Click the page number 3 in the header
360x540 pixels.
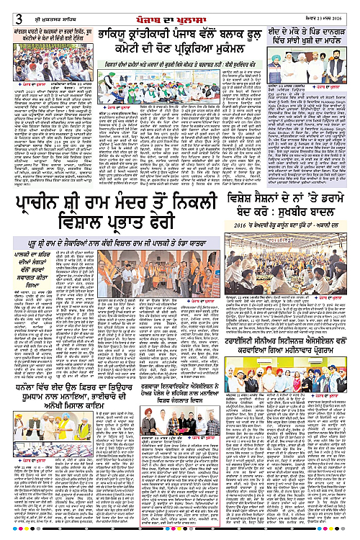(x=6, y=7)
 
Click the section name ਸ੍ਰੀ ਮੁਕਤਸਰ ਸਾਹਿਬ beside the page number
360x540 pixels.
(x=32, y=7)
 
